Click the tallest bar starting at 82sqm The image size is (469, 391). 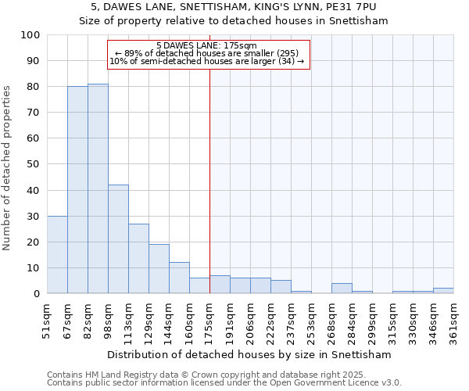coord(98,188)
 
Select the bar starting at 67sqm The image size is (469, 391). coord(77,190)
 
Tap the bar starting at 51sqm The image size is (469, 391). coord(57,255)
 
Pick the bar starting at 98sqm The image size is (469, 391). coord(118,239)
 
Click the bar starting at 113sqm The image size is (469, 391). coord(138,259)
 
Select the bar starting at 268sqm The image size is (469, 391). coord(342,289)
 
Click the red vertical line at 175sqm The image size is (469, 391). coord(209,180)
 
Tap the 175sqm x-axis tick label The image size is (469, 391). coord(210,320)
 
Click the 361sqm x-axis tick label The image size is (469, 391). coord(454,320)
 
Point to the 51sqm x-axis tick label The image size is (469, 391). coord(48,320)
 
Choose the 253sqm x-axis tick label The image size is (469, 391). coord(312,320)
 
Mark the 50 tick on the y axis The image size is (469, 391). coord(34,164)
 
